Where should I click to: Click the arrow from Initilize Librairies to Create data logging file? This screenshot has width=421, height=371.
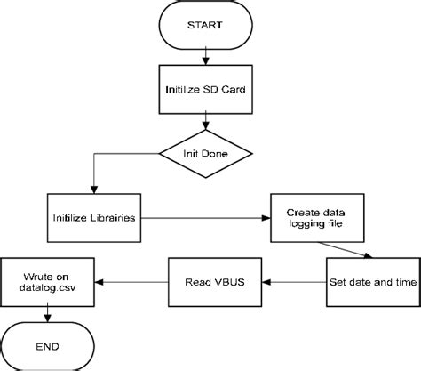point(204,218)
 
